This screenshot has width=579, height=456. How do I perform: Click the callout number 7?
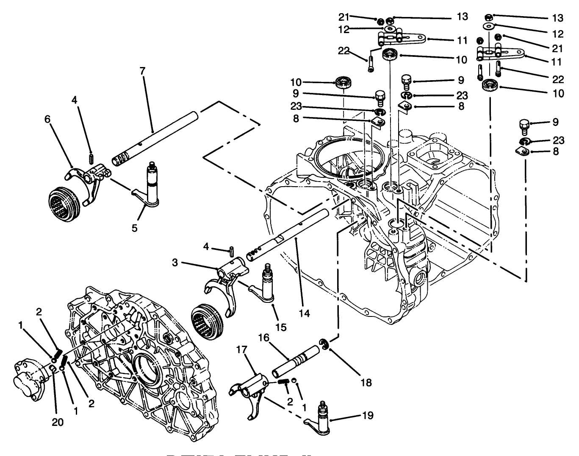pos(142,71)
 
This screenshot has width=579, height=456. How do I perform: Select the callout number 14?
pos(304,313)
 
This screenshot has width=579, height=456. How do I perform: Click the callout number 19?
pos(368,415)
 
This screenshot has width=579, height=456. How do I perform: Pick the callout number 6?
pos(47,120)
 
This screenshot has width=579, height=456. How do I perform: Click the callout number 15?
pos(281,327)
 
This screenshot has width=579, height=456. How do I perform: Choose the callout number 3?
pos(175,263)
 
